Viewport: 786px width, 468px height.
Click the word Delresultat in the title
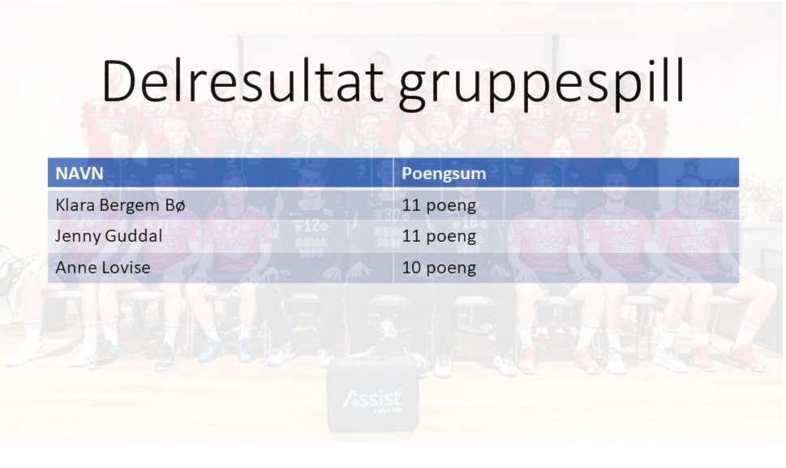243,80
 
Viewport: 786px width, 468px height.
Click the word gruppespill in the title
541,85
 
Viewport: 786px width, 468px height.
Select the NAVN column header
79,174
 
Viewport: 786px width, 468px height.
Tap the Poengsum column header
444,174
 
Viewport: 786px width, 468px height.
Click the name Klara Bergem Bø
120,205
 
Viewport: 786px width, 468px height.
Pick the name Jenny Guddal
109,236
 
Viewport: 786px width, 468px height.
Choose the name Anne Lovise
103,267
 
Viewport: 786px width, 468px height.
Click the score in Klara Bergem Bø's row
439,205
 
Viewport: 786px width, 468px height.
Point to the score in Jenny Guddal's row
439,237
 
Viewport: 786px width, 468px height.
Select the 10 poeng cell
439,268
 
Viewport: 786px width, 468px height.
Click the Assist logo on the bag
372,399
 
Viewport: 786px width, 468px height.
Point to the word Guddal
139,235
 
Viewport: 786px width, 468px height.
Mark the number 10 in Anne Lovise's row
411,267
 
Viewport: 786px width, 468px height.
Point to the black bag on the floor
372,396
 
